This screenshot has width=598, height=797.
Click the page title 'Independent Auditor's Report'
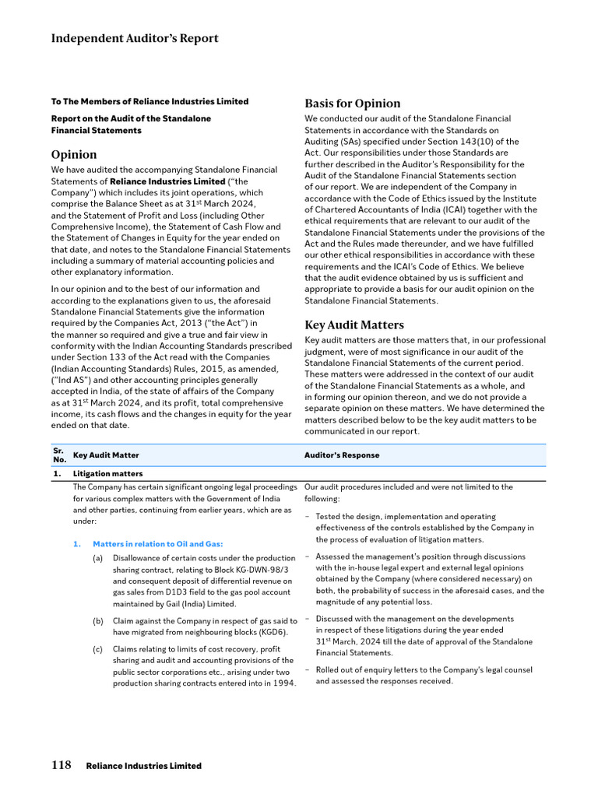coord(135,38)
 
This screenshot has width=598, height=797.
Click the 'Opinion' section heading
coord(74,154)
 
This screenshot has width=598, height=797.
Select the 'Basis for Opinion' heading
coord(352,103)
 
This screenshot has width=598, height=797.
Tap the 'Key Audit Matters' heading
coord(354,325)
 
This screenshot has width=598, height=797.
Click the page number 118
coord(62,765)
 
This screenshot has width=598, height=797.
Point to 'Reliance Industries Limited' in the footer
coord(143,766)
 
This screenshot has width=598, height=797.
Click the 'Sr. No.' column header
coord(58,455)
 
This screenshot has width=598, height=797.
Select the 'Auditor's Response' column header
coord(341,455)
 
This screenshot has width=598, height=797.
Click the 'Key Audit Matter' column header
coord(106,455)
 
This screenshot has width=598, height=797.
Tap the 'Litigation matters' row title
coord(107,473)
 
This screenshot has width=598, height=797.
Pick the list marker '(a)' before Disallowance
coord(98,558)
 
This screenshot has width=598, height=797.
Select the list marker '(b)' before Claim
coord(98,620)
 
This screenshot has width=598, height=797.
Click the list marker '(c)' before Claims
coord(98,648)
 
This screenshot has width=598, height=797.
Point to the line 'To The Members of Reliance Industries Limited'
coord(149,101)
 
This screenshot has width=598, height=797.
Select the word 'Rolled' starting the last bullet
coord(329,669)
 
